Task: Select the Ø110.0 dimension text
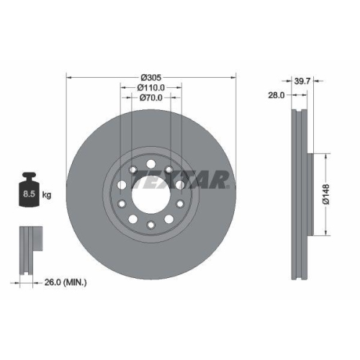click(151, 87)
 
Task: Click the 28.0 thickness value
click(276, 94)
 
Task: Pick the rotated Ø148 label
click(325, 195)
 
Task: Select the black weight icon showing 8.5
click(30, 192)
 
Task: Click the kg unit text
click(47, 194)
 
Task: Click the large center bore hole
click(150, 194)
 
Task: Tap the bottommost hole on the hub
click(150, 226)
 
